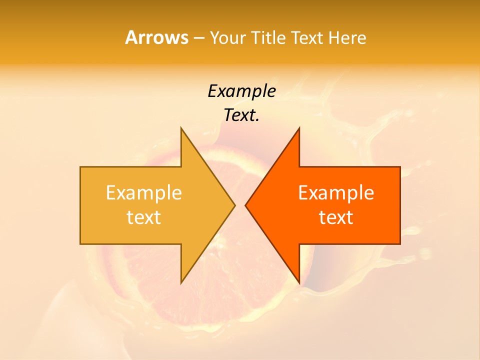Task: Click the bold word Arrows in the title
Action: pos(156,37)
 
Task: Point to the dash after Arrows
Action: pos(198,38)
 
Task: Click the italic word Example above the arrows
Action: pos(241,91)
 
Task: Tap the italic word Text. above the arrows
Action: pos(241,115)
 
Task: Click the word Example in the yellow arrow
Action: pos(143,192)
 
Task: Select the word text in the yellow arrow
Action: pos(143,217)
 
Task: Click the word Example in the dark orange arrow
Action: pos(336,192)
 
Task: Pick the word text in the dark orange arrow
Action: pos(336,217)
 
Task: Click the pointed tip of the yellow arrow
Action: pos(234,205)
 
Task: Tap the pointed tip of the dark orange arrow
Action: pos(245,205)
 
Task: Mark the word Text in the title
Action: pos(307,37)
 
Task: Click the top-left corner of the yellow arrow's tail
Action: pos(81,167)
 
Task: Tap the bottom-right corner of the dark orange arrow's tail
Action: pos(399,243)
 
